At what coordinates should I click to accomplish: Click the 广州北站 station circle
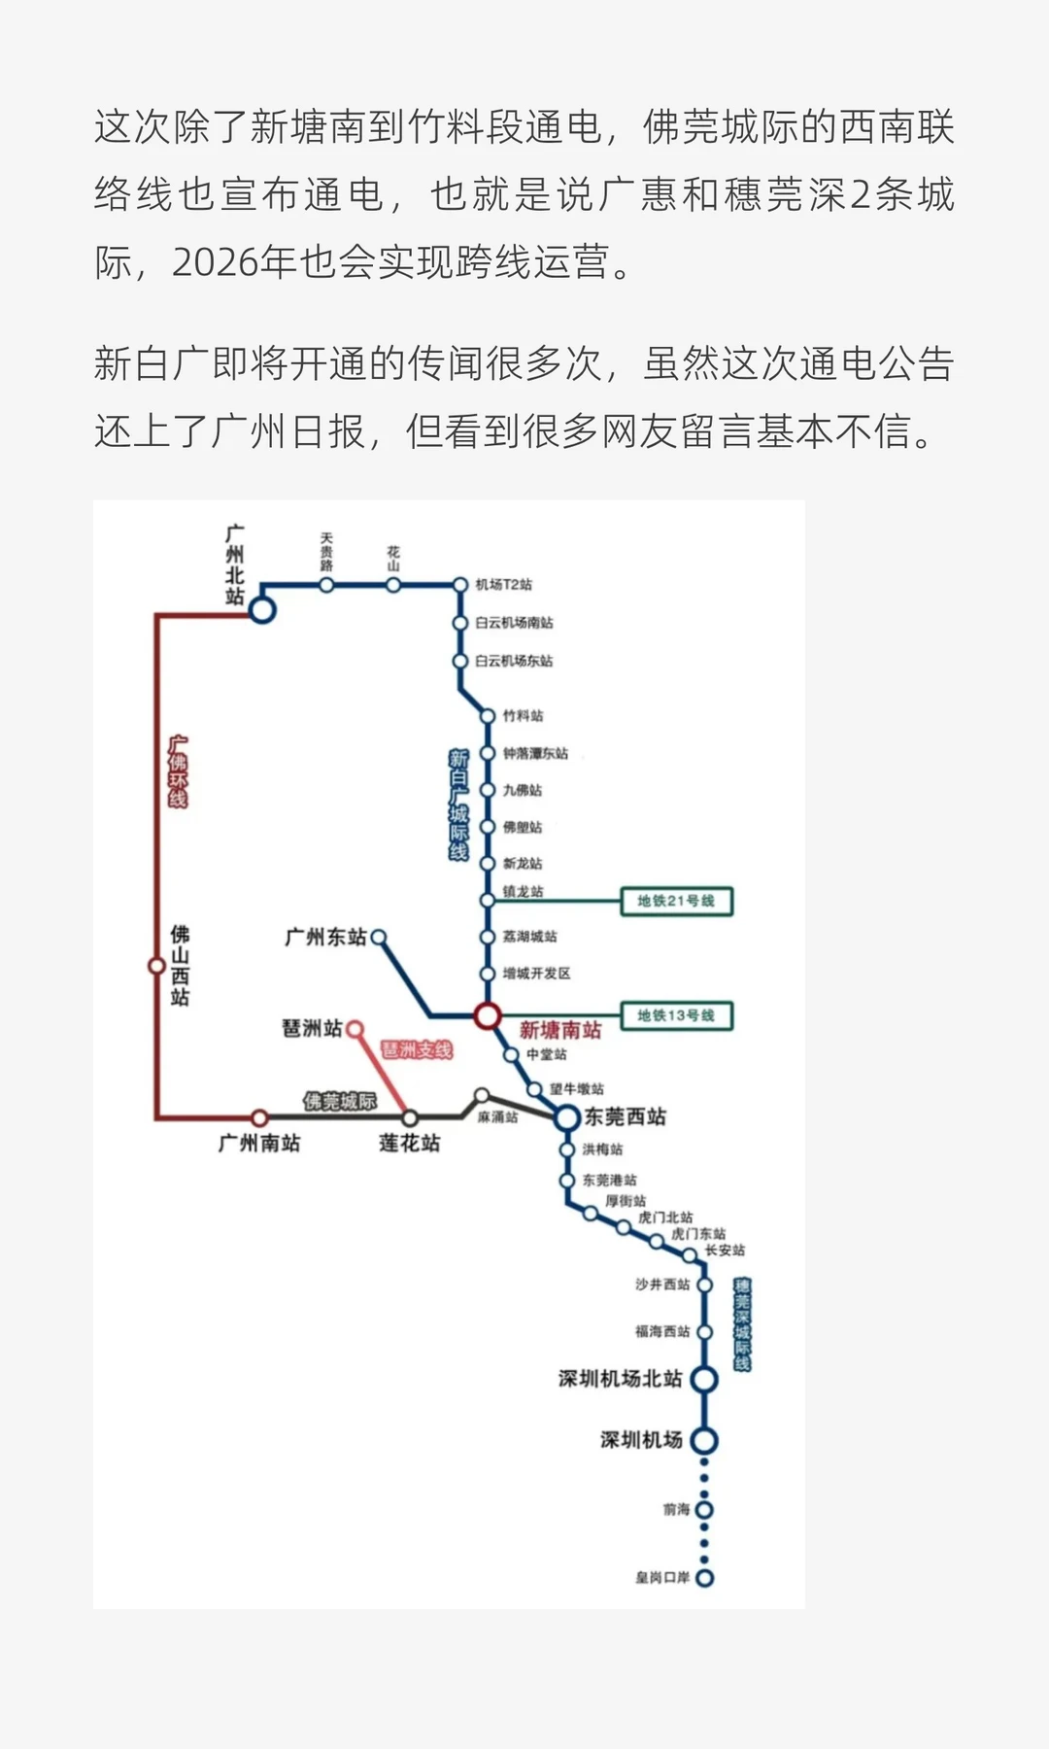point(262,610)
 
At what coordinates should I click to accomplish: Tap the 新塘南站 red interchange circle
point(488,1016)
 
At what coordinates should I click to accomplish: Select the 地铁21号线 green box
point(676,902)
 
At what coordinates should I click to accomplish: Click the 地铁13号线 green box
point(676,1016)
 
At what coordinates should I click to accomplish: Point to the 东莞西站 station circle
point(567,1118)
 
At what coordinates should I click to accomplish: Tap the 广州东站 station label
point(325,938)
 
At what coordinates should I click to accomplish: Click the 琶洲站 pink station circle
point(355,1028)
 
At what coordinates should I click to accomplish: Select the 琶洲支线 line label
point(417,1050)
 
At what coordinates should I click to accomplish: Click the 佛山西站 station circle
point(156,966)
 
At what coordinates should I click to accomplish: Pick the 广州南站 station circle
point(259,1118)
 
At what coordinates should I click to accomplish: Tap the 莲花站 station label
point(409,1144)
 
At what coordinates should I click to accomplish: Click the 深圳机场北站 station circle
point(704,1380)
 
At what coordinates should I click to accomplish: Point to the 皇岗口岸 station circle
point(705,1578)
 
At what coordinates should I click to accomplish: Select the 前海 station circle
point(705,1510)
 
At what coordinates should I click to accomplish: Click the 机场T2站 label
point(503,585)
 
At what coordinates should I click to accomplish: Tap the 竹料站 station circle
point(488,716)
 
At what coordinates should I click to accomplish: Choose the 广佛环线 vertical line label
point(178,772)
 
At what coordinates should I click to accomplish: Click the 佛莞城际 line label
point(339,1101)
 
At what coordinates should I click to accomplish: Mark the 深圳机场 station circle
point(704,1441)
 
